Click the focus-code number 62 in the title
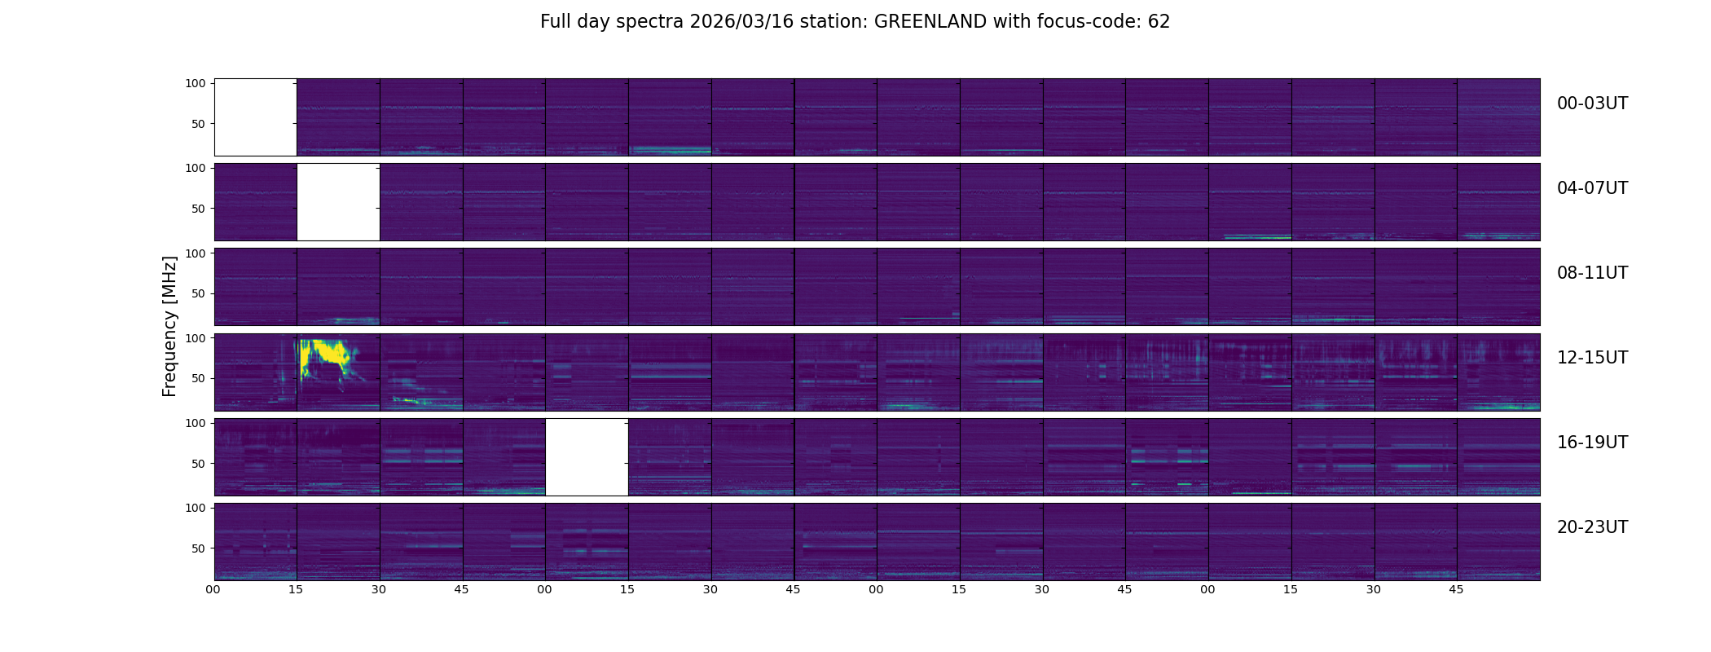[1159, 22]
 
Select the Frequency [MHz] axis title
[169, 326]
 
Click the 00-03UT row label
[1592, 104]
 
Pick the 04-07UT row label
[1592, 188]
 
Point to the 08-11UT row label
[1592, 273]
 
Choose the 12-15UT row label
[1592, 358]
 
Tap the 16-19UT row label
[1592, 443]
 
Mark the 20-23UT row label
[1592, 527]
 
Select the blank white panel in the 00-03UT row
[255, 117]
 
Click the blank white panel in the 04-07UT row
[338, 201]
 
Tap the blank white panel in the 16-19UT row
[587, 456]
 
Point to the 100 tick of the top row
[195, 83]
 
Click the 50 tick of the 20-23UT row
[198, 548]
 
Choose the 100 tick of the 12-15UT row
[195, 337]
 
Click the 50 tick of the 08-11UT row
[198, 293]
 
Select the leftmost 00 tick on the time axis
[213, 589]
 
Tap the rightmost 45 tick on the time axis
[1456, 589]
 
